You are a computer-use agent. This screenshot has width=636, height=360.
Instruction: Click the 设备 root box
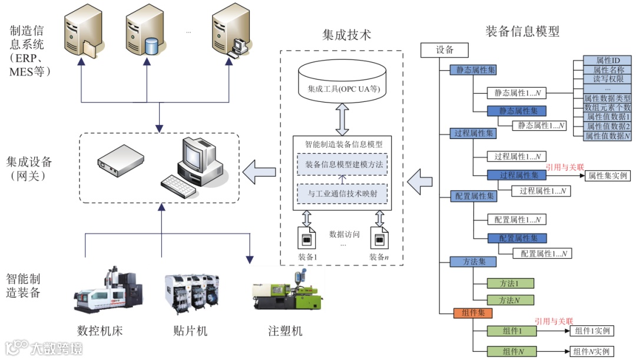click(x=445, y=50)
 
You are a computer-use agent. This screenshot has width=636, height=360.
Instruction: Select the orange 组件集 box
click(x=473, y=313)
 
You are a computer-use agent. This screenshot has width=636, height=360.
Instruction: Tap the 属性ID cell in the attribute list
click(x=607, y=60)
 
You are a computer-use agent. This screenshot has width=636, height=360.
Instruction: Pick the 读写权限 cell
click(x=607, y=79)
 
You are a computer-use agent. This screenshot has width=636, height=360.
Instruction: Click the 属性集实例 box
click(x=607, y=176)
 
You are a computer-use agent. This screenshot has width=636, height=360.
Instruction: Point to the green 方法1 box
click(x=510, y=283)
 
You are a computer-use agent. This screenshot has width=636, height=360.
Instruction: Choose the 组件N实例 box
click(x=591, y=352)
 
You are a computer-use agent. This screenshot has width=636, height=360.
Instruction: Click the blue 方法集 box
click(x=473, y=262)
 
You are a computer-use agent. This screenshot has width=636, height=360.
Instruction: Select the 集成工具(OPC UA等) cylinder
click(x=342, y=81)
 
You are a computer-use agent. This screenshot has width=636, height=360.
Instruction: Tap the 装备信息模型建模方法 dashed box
click(x=342, y=164)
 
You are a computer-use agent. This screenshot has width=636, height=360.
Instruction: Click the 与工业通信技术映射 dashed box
click(x=342, y=194)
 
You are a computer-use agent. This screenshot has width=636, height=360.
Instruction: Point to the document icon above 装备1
click(x=307, y=237)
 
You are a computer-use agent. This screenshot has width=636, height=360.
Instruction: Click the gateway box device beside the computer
click(x=121, y=161)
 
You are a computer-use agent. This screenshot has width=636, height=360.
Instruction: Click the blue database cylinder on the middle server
click(x=151, y=47)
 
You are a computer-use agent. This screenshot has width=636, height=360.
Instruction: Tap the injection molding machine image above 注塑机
click(x=287, y=291)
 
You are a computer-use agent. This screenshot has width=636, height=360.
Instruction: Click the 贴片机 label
click(x=190, y=331)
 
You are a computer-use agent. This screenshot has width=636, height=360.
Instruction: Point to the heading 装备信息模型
click(x=522, y=31)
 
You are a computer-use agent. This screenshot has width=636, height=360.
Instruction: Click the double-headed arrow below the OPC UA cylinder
click(x=342, y=120)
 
